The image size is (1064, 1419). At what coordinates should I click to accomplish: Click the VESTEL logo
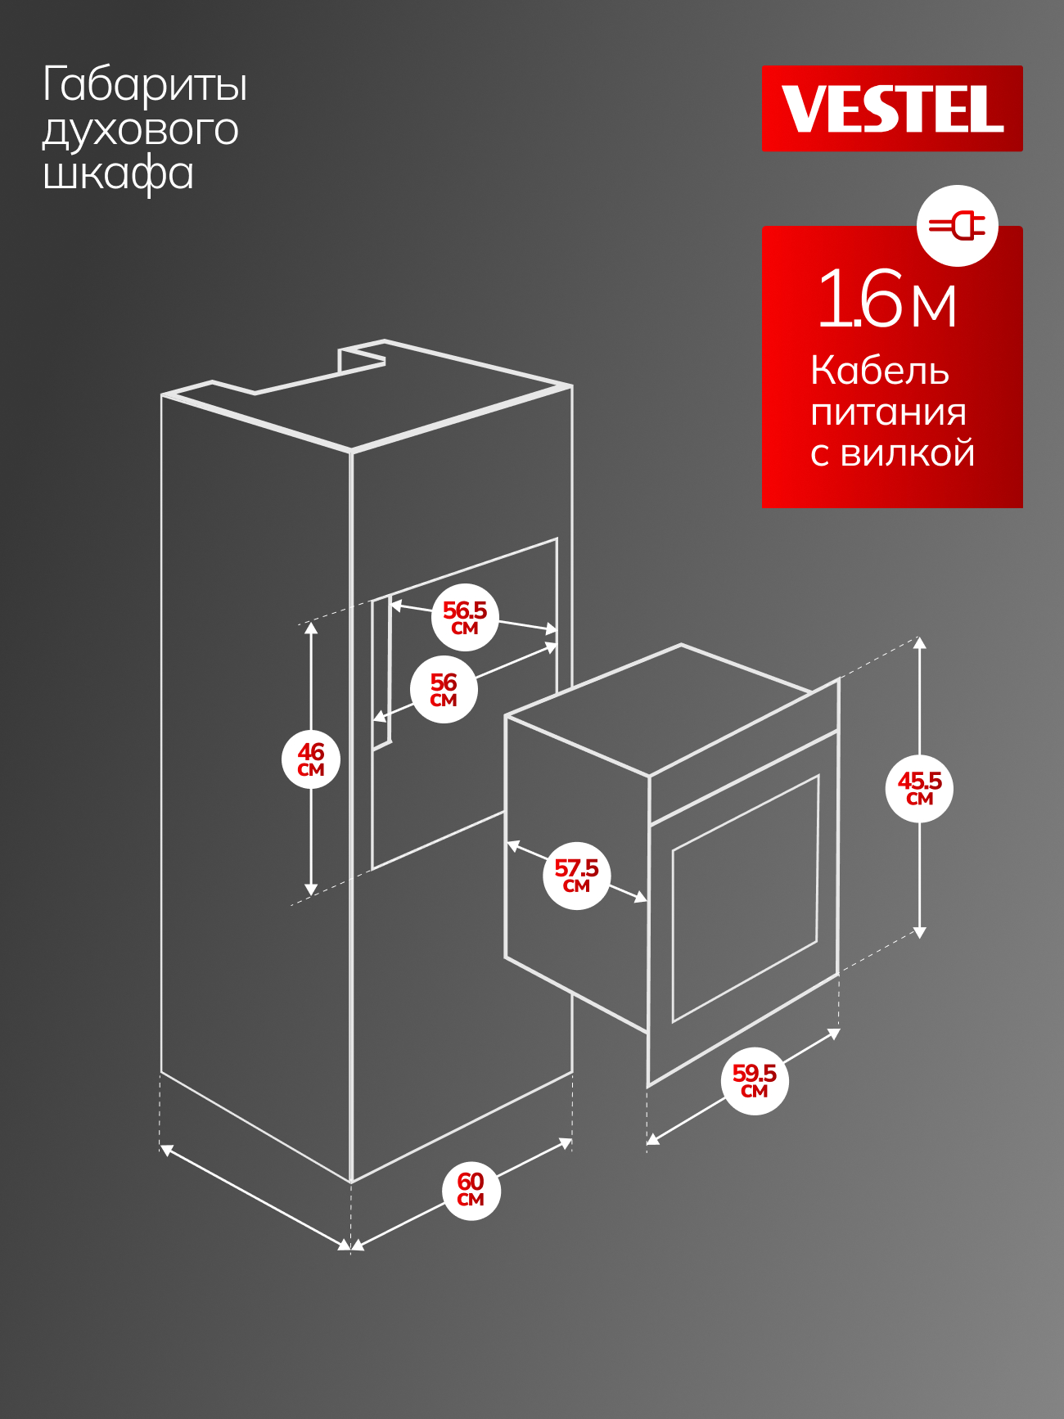(892, 108)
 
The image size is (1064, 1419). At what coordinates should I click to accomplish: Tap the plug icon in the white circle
(957, 225)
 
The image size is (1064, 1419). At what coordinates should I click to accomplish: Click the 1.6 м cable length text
(887, 299)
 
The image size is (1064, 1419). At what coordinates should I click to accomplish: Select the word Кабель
(880, 371)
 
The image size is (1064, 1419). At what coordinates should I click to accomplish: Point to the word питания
(888, 412)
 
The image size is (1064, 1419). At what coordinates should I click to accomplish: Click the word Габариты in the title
(145, 86)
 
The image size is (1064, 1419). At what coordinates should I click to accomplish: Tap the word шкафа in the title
(118, 174)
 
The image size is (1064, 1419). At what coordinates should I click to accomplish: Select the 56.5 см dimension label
(465, 618)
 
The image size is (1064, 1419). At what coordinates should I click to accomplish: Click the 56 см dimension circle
(444, 689)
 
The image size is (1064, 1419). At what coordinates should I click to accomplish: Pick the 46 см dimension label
(311, 759)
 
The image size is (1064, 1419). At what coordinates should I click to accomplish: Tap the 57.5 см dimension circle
(577, 875)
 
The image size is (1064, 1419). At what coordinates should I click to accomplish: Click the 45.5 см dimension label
(920, 788)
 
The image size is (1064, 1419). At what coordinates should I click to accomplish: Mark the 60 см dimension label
(471, 1189)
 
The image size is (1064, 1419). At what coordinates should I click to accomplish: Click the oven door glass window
(745, 899)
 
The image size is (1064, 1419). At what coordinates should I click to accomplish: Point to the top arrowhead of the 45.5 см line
(920, 643)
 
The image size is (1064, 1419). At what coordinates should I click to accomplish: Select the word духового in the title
(141, 131)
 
